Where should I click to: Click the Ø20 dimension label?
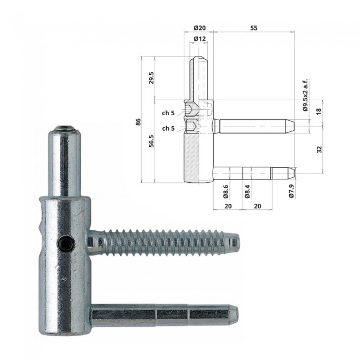pos(199,28)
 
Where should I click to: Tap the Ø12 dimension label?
pos(199,39)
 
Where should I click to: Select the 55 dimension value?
pos(254,28)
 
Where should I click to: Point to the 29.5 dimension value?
pos(151,78)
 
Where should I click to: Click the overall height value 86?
pos(138,122)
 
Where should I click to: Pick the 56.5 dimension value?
pos(151,141)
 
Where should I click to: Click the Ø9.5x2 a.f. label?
pos(305,95)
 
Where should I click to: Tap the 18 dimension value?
pos(318,111)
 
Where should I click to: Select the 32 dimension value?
pos(319,150)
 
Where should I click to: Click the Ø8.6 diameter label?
pos(225,192)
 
